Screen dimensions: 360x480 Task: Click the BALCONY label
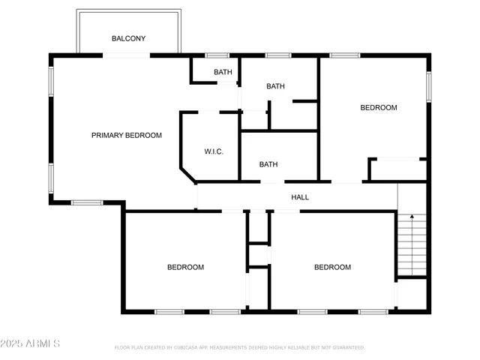click(128, 38)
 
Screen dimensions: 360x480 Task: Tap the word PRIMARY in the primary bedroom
click(107, 135)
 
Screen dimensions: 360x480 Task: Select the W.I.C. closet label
click(214, 151)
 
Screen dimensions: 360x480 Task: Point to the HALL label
click(300, 197)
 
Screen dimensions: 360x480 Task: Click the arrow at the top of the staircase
click(410, 218)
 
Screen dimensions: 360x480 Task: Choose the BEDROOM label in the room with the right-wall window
click(379, 108)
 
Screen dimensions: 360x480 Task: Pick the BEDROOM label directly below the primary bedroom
click(185, 267)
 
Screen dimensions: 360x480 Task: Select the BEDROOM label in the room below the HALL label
click(332, 267)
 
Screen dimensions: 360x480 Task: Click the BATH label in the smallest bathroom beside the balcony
click(223, 72)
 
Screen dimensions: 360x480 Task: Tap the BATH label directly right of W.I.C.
click(268, 164)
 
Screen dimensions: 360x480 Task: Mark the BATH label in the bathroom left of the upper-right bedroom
click(276, 86)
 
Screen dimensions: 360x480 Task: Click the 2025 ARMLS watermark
click(30, 343)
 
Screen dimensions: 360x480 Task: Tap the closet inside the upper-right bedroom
click(398, 169)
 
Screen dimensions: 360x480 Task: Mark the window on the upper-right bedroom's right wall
click(429, 84)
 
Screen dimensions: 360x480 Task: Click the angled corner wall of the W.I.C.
click(188, 174)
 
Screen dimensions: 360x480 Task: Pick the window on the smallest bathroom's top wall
click(217, 55)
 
